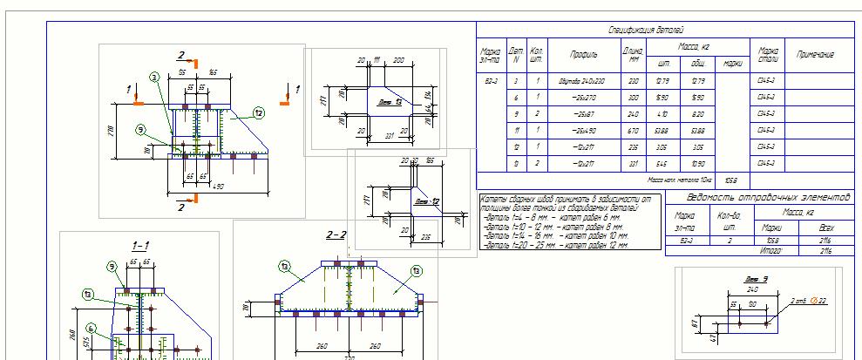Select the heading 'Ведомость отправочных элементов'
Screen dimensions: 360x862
(x=755, y=198)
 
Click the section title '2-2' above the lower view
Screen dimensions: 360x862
(x=336, y=235)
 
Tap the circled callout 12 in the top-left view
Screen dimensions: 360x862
(x=259, y=112)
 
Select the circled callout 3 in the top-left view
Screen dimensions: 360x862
(x=154, y=78)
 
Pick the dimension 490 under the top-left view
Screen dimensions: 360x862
(x=218, y=187)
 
